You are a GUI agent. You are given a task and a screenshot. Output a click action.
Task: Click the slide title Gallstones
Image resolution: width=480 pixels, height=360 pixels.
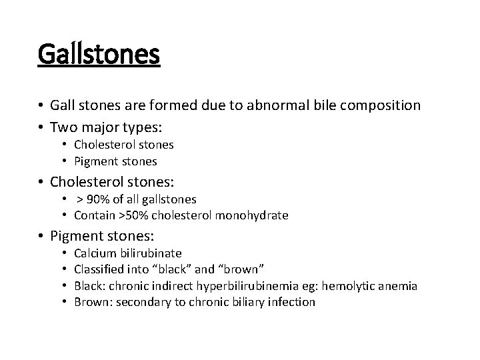99,54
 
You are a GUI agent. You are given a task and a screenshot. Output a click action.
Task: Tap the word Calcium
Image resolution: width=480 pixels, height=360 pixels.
94,253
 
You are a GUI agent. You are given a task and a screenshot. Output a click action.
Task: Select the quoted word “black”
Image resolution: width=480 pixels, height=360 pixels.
194,269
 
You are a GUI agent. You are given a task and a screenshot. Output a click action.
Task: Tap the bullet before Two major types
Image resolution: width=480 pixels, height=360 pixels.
41,127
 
